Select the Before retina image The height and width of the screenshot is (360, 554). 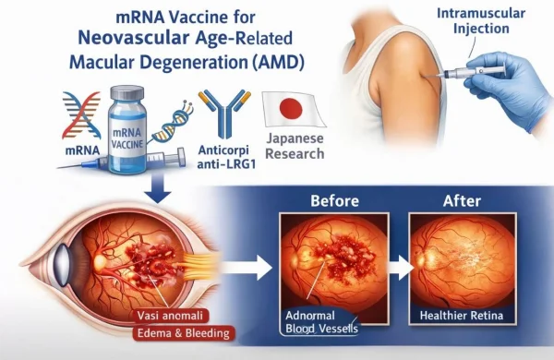(329, 268)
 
